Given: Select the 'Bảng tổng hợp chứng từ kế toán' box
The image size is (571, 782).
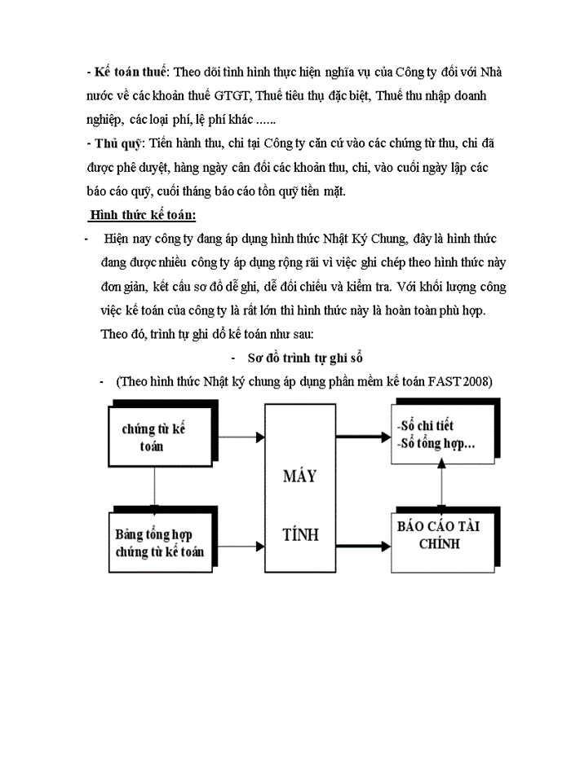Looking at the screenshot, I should pos(160,543).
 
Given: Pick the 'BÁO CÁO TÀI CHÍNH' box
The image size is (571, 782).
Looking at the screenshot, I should pos(439,534).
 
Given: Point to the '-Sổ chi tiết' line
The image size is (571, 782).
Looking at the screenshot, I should pos(424,426).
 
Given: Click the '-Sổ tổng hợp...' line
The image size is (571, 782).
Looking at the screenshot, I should pos(436,444).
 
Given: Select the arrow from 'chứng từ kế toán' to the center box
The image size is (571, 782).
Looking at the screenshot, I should pos(241,437).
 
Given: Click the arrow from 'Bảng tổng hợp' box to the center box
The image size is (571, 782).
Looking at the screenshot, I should pos(241,544).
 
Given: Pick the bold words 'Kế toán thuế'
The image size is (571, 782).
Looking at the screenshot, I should pos(134,72).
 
